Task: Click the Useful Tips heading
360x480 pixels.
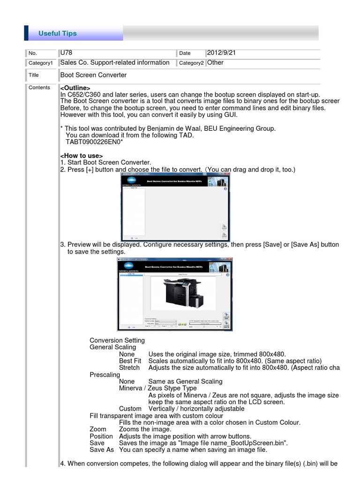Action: pos(57,33)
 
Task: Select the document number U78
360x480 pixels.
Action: pos(67,53)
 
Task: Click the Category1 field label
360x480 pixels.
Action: pos(42,63)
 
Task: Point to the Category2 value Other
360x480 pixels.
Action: pos(215,63)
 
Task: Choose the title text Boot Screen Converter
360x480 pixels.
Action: pos(94,75)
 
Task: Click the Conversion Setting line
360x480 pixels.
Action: pos(117,340)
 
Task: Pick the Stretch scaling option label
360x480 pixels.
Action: pos(129,368)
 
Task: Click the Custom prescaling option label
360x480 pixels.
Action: pos(130,409)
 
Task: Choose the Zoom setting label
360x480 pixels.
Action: pos(98,429)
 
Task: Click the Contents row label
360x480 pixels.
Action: pos(39,88)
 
